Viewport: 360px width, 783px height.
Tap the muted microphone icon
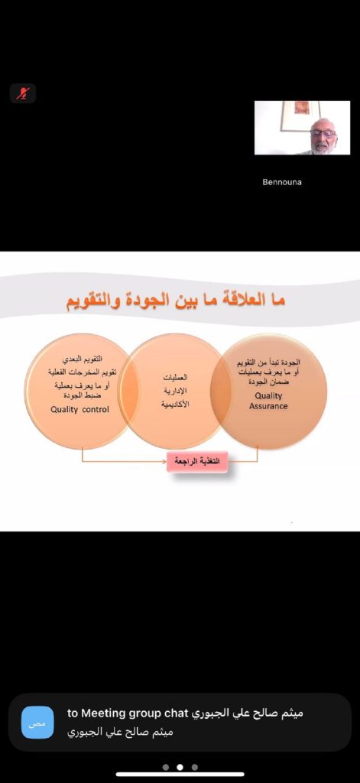click(x=23, y=93)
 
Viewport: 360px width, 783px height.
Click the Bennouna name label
click(x=281, y=182)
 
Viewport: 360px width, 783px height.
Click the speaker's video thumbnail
click(x=302, y=128)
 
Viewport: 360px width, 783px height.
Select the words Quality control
click(x=80, y=410)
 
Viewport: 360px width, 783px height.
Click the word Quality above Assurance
click(x=268, y=396)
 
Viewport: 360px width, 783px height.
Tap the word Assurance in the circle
click(x=268, y=406)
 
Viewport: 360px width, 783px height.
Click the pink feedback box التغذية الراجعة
click(x=197, y=461)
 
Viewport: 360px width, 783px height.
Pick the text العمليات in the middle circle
click(x=175, y=378)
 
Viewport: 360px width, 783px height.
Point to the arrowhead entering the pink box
click(x=164, y=461)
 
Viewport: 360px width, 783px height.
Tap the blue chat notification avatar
click(x=37, y=722)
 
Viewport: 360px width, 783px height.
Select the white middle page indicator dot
click(x=180, y=767)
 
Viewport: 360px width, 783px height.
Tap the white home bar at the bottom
click(x=180, y=775)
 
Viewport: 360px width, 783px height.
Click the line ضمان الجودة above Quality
click(x=268, y=382)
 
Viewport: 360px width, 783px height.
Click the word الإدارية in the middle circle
click(x=175, y=391)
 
